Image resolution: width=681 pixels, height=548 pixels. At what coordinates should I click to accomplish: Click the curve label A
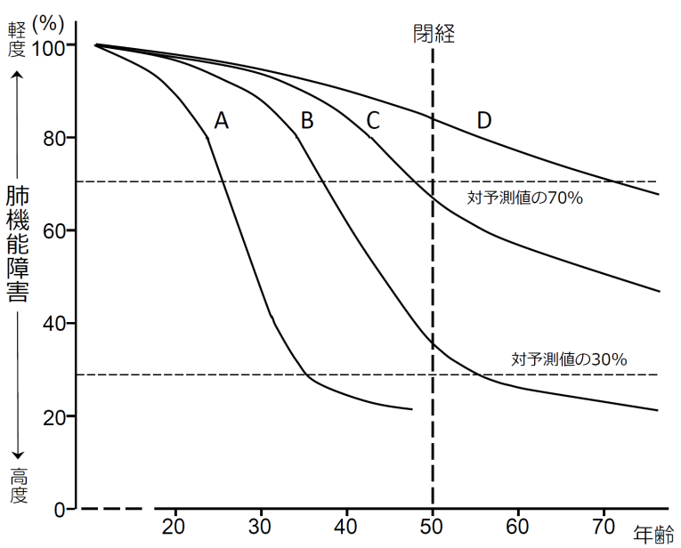222,121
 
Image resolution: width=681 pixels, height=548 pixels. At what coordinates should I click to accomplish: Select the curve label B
307,121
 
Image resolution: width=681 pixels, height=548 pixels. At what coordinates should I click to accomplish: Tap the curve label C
373,121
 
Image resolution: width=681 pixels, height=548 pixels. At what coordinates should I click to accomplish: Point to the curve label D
484,121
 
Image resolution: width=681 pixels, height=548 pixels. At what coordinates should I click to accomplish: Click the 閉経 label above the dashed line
434,33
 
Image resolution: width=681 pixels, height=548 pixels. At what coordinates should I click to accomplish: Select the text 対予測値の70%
524,198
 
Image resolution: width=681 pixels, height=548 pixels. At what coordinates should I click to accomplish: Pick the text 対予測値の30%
570,359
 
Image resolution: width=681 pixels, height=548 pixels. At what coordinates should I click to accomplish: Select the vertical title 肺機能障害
16,244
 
